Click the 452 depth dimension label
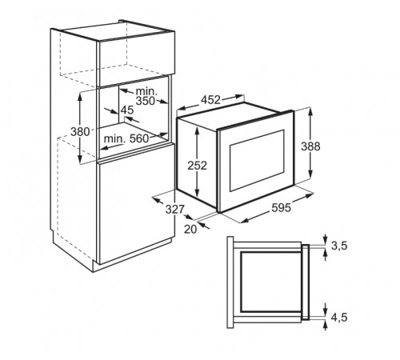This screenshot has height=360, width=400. pyautogui.click(x=210, y=100)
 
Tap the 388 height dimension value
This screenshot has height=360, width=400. pyautogui.click(x=310, y=146)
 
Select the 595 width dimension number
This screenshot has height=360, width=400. pyautogui.click(x=282, y=207)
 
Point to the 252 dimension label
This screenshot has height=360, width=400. pyautogui.click(x=198, y=166)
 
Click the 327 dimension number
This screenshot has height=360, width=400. pyautogui.click(x=175, y=210)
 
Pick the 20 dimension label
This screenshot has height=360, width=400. pyautogui.click(x=190, y=229)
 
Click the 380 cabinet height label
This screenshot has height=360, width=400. pyautogui.click(x=80, y=131)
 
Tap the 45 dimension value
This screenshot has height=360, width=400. pyautogui.click(x=127, y=110)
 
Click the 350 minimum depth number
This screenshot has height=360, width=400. pyautogui.click(x=146, y=101)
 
